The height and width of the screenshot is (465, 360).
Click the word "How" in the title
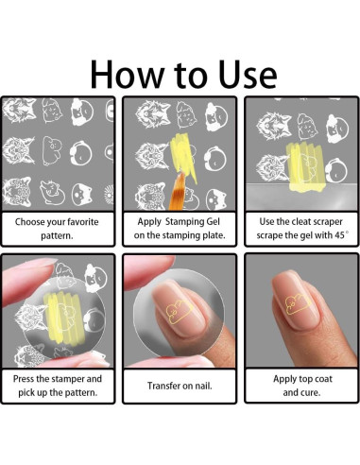[127, 74]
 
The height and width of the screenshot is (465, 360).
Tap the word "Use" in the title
[248, 74]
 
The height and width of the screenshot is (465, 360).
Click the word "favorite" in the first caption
[82, 222]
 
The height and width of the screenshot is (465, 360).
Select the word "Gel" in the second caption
[213, 221]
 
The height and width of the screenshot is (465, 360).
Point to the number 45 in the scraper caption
[340, 235]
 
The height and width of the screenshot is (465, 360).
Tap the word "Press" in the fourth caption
[24, 378]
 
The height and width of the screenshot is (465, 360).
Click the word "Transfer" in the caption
[163, 386]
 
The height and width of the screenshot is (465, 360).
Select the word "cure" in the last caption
[312, 392]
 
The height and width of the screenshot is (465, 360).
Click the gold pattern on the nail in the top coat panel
[298, 303]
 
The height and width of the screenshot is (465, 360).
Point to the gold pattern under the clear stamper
[178, 312]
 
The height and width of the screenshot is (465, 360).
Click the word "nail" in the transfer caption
[204, 386]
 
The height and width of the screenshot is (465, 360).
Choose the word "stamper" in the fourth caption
[68, 379]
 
